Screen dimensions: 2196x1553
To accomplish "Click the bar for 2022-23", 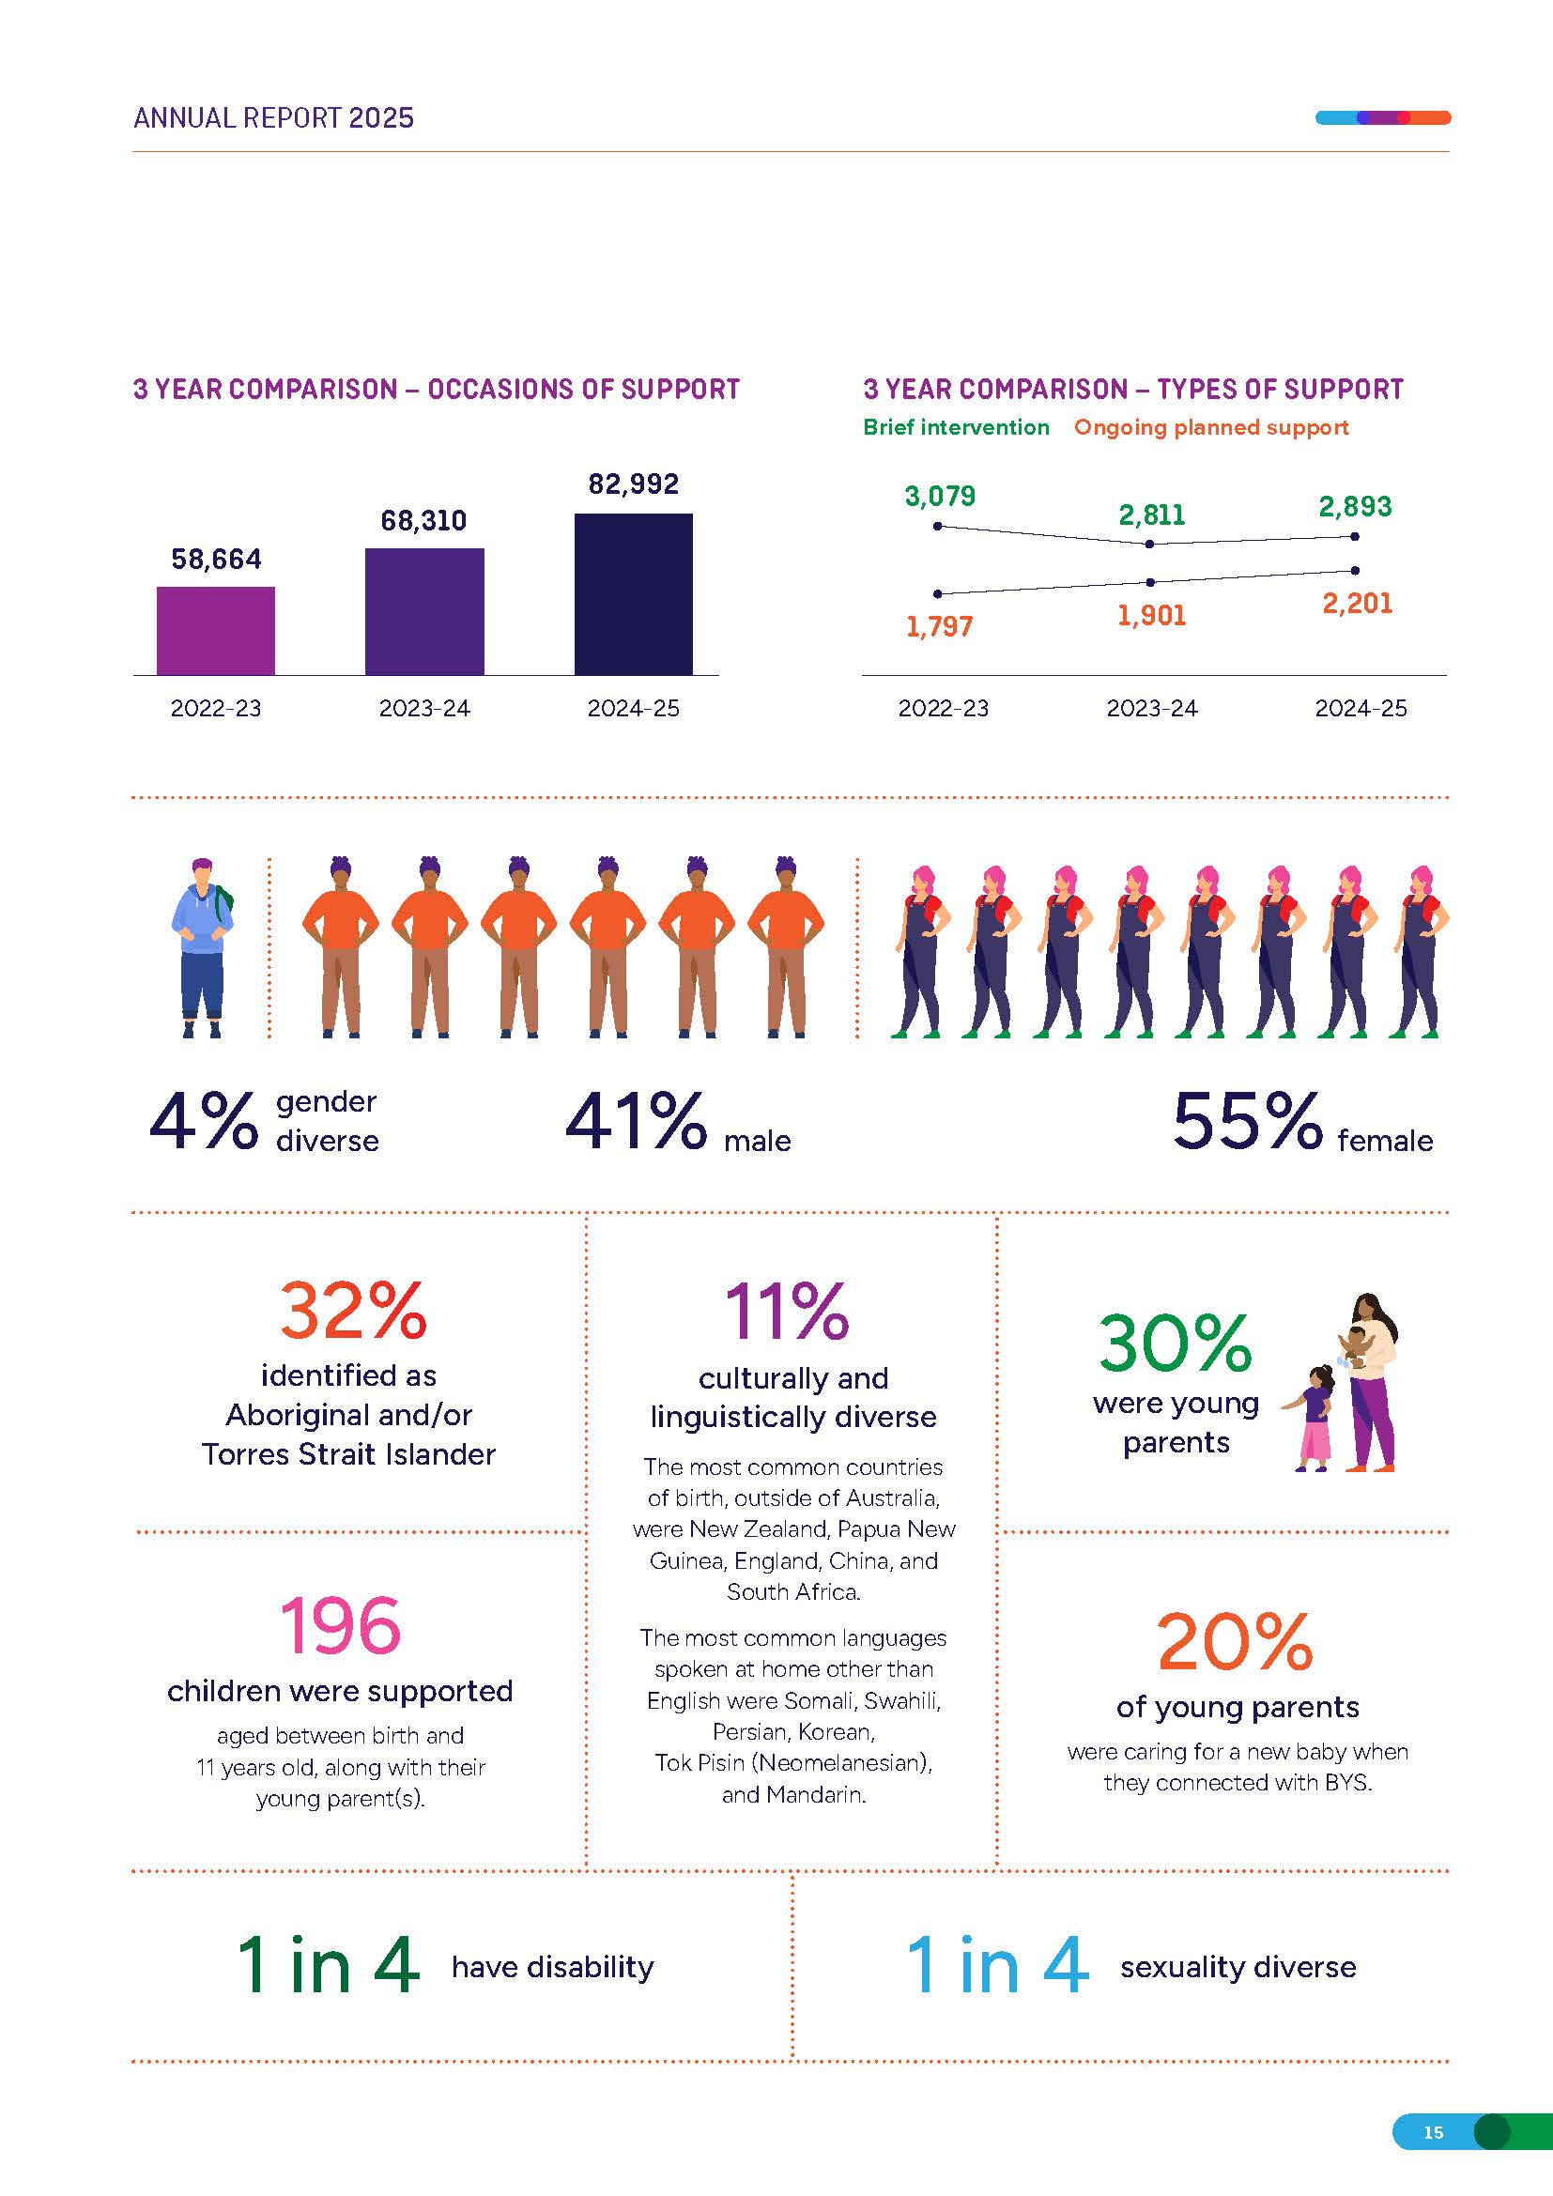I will pyautogui.click(x=215, y=630).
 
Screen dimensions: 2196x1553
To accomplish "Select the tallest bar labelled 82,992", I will pyautogui.click(x=633, y=594).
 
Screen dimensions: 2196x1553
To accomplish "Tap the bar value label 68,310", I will pyautogui.click(x=423, y=520).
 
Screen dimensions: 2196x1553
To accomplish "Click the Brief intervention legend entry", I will pyautogui.click(x=955, y=427).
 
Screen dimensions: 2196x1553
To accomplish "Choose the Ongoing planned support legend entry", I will pyautogui.click(x=1210, y=427).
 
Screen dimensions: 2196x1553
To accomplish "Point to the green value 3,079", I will pyautogui.click(x=940, y=496).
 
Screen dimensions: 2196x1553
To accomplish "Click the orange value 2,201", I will pyautogui.click(x=1357, y=604).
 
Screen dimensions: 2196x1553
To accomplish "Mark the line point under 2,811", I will pyautogui.click(x=1149, y=544).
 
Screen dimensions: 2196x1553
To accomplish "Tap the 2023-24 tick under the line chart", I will pyautogui.click(x=1151, y=709).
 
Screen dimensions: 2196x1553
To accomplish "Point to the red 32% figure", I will pyautogui.click(x=353, y=1311).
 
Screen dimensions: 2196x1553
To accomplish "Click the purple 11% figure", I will pyautogui.click(x=787, y=1311).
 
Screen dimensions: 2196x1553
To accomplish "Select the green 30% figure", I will pyautogui.click(x=1175, y=1343).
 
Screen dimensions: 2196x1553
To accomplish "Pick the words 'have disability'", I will pyautogui.click(x=553, y=1968).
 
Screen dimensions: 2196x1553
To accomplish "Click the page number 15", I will pyautogui.click(x=1433, y=2132).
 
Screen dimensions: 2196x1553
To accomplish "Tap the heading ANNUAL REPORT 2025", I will pyautogui.click(x=273, y=117).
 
